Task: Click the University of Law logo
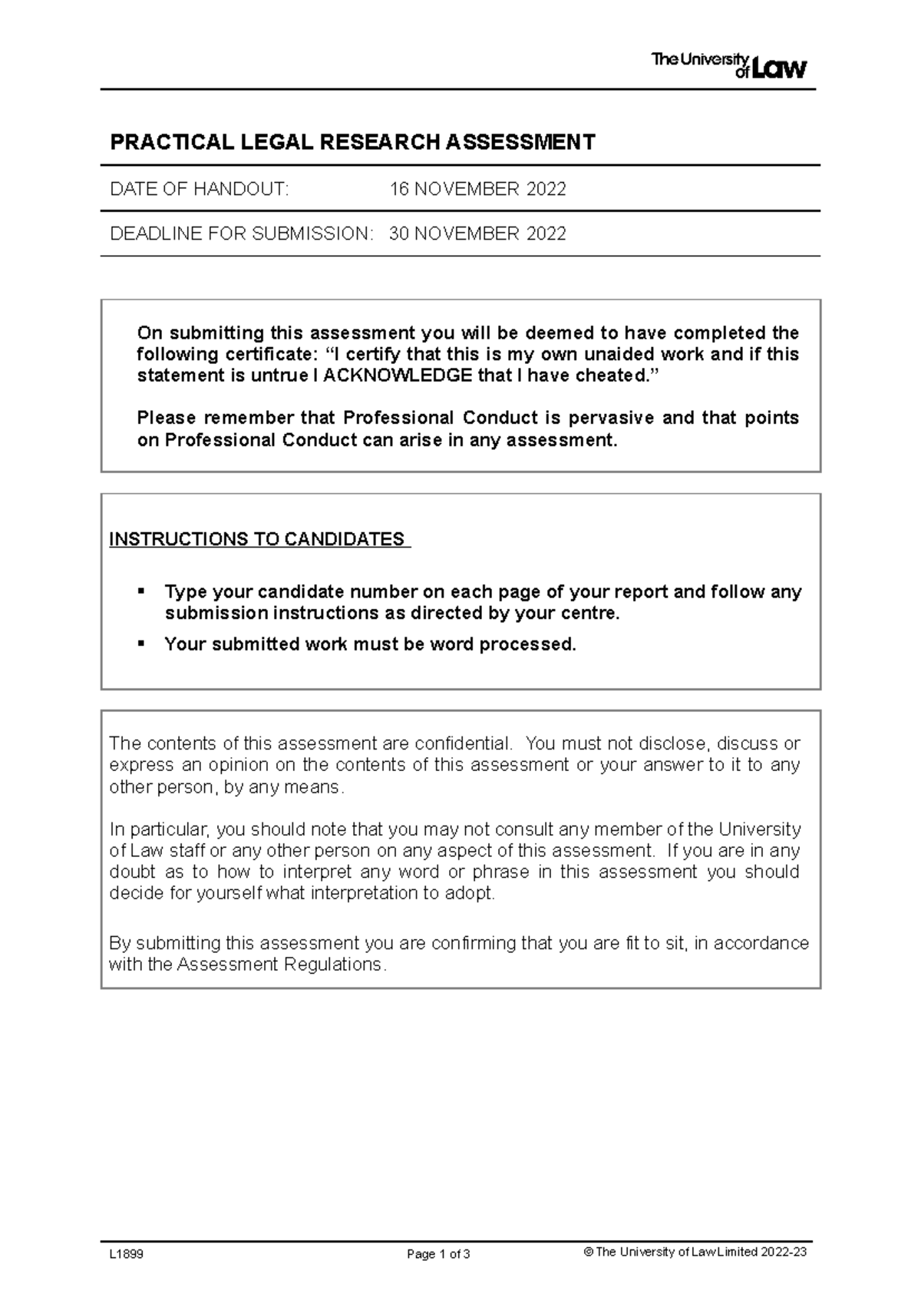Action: tap(729, 65)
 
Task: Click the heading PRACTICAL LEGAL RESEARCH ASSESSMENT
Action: tap(353, 143)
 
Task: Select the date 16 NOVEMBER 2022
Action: tap(477, 189)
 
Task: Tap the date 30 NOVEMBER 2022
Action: tap(477, 233)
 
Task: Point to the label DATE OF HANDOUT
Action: tap(200, 189)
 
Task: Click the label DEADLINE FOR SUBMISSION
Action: tap(241, 233)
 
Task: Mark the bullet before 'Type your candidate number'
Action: tap(140, 591)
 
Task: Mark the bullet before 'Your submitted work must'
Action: tap(140, 642)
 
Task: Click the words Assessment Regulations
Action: tap(279, 965)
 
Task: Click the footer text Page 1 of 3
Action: tap(438, 1255)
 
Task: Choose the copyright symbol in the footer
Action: tap(589, 1252)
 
